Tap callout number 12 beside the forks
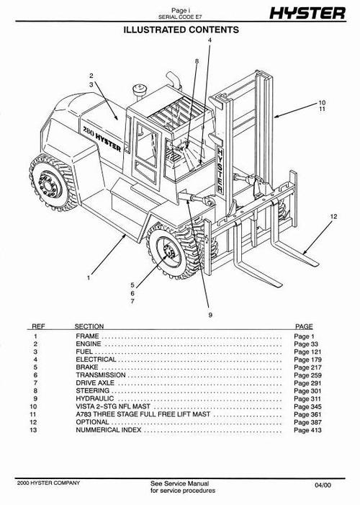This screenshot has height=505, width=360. click(x=333, y=216)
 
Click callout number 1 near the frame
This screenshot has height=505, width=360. click(x=89, y=277)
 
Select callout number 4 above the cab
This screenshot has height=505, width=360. click(x=210, y=40)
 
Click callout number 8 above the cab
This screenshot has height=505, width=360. click(x=196, y=63)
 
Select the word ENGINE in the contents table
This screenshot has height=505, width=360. click(x=87, y=344)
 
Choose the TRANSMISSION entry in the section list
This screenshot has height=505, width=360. click(x=100, y=375)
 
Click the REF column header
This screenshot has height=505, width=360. click(x=37, y=326)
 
